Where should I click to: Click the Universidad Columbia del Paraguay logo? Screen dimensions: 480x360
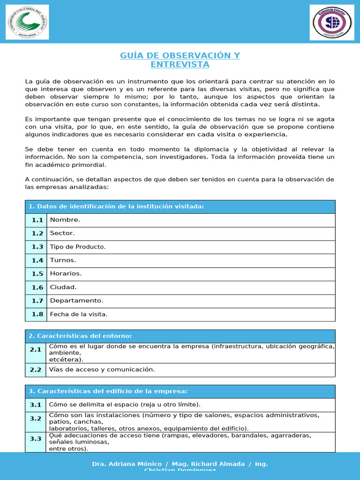[x=27, y=22]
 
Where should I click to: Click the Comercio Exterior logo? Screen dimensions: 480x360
[x=332, y=22]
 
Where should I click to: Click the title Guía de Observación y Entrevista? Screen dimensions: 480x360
[x=180, y=60]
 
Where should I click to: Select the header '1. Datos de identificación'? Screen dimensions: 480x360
[x=116, y=207]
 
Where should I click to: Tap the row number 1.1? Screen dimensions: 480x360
[x=37, y=220]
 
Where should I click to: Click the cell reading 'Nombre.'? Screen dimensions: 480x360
[x=65, y=220]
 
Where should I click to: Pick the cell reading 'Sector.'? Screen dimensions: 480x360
[x=62, y=233]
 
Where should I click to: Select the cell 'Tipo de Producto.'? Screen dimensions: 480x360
[x=78, y=247]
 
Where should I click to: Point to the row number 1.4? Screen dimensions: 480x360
[x=37, y=260]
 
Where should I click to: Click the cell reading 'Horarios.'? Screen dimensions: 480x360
[x=66, y=274]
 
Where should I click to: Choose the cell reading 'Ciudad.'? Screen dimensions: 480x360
[x=63, y=287]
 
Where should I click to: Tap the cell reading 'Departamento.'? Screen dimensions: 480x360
[x=77, y=300]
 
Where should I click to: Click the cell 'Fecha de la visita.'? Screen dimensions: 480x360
[x=79, y=314]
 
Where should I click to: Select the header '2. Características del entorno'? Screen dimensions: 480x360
[x=80, y=336]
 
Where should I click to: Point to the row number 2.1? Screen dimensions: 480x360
[x=36, y=350]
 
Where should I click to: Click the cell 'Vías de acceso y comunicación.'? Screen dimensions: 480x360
[x=102, y=369]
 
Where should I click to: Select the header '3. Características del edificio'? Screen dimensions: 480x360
[x=108, y=391]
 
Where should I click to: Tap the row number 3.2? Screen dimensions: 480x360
[x=36, y=419]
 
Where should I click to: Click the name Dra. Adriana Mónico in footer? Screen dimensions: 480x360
[x=127, y=464]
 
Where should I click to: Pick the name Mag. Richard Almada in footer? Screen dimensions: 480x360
[x=209, y=464]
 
